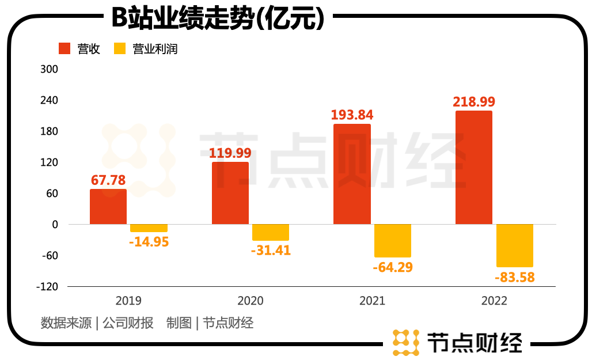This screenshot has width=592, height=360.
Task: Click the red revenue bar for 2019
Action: pyautogui.click(x=108, y=207)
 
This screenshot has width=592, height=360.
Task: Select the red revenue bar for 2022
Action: pyautogui.click(x=473, y=168)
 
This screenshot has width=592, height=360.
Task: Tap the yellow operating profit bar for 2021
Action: pyautogui.click(x=393, y=241)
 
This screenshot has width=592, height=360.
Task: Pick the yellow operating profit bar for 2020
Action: pyautogui.click(x=271, y=232)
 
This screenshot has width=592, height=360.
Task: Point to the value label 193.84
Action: pyautogui.click(x=352, y=115)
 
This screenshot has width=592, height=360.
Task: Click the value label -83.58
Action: pyautogui.click(x=514, y=278)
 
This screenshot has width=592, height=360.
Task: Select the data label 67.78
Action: pyautogui.click(x=108, y=180)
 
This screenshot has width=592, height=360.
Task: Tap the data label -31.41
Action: pyautogui.click(x=271, y=251)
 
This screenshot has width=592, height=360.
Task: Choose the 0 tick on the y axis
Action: pyautogui.click(x=55, y=224)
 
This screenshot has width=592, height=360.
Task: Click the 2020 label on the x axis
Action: pyautogui.click(x=251, y=301)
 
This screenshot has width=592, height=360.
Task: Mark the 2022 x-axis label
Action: pyautogui.click(x=494, y=301)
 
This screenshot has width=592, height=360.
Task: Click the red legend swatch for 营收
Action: pyautogui.click(x=64, y=49)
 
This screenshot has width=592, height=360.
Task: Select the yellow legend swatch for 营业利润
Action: pyautogui.click(x=120, y=49)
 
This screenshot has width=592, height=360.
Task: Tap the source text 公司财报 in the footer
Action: pyautogui.click(x=128, y=323)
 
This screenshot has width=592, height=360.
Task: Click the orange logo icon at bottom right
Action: pyautogui.click(x=405, y=342)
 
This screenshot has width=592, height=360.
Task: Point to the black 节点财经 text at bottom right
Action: pyautogui.click(x=474, y=342)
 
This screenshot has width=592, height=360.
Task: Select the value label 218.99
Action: pyautogui.click(x=474, y=101)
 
